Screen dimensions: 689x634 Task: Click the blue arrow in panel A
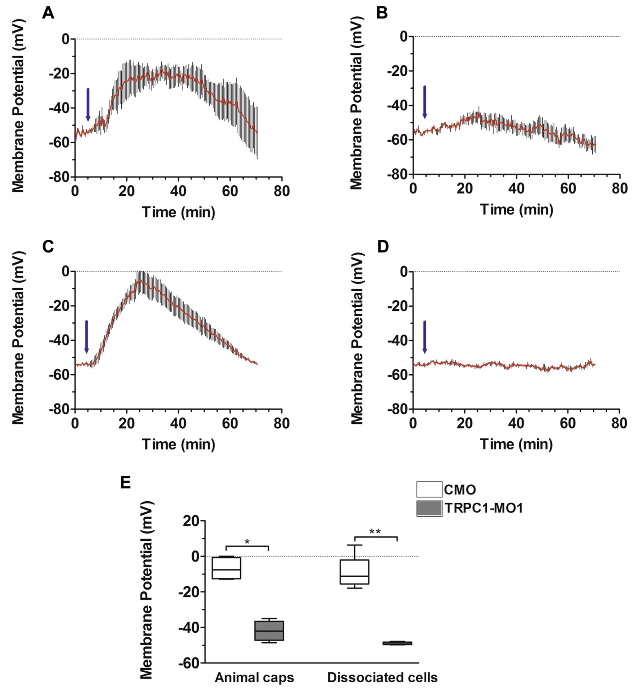(88, 105)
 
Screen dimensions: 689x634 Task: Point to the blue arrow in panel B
(425, 102)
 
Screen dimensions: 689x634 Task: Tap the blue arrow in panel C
(87, 337)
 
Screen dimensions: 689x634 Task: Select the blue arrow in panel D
(425, 337)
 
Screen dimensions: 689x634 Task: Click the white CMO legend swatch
(429, 489)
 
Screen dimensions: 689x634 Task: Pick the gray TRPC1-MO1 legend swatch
(429, 508)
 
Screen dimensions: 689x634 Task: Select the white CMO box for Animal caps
(226, 568)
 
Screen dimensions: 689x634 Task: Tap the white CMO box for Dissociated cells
(354, 572)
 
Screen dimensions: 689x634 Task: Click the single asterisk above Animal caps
(247, 542)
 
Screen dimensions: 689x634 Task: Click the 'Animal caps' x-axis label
(254, 677)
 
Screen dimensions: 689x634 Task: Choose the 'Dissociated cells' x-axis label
(382, 677)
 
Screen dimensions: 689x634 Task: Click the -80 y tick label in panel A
(59, 177)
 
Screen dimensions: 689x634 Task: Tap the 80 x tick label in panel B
(620, 189)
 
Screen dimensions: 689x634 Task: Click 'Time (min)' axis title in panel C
(178, 444)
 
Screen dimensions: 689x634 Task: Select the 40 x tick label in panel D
(516, 424)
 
